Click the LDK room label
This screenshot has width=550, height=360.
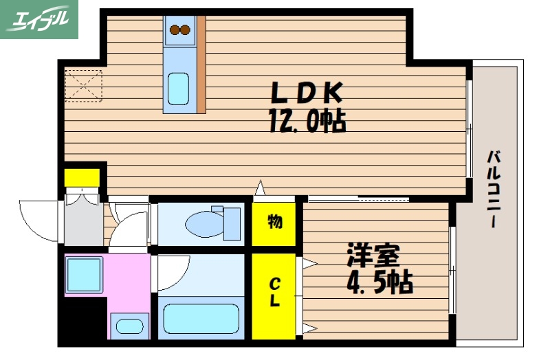pos(305,93)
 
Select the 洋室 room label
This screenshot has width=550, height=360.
pos(373,255)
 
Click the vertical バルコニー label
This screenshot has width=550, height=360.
pos(493,189)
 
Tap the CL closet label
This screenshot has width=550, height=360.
pos(274,293)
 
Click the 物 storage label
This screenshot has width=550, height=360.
pos(274,222)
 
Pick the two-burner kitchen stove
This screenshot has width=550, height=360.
pos(179,30)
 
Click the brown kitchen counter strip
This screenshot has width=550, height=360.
pos(201,65)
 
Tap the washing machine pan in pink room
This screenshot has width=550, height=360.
pos(84,275)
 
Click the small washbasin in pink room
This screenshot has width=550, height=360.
pos(128,326)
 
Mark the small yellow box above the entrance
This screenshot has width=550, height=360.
pos(82,177)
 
